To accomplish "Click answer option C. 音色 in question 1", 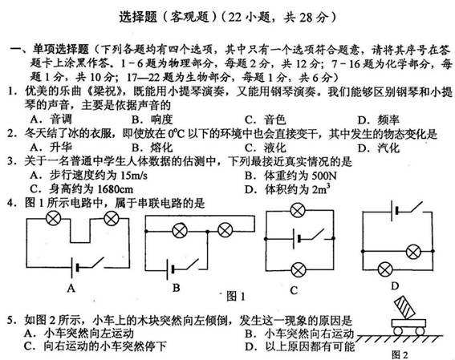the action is pyautogui.click(x=266, y=119).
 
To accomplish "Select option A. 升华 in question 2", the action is pyautogui.click(x=51, y=148).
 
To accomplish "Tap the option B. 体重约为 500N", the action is pyautogui.click(x=290, y=176).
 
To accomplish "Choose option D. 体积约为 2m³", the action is pyautogui.click(x=287, y=189).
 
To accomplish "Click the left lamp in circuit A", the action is pyautogui.click(x=54, y=218).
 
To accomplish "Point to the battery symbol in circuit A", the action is pyautogui.click(x=75, y=267).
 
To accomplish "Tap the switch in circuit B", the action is pyautogui.click(x=189, y=265).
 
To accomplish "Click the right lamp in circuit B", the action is pyautogui.click(x=225, y=231).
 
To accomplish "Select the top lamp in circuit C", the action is pyautogui.click(x=298, y=210).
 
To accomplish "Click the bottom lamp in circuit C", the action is pyautogui.click(x=299, y=270).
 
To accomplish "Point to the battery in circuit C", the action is pyautogui.click(x=297, y=239).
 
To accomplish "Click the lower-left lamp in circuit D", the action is pyautogui.click(x=385, y=270).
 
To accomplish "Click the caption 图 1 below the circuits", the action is pyautogui.click(x=236, y=296).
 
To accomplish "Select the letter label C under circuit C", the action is pyautogui.click(x=294, y=290).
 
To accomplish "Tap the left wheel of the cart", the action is pyautogui.click(x=398, y=330).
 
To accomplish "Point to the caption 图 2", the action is pyautogui.click(x=400, y=354).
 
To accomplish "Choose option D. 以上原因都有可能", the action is pyautogui.click(x=300, y=346).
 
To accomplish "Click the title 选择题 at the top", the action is pyautogui.click(x=138, y=17).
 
